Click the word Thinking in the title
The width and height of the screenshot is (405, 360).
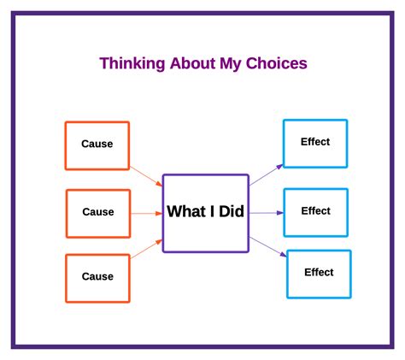coord(128,63)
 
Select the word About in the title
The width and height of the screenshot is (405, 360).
coord(193,63)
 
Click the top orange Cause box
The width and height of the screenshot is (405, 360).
coord(97,145)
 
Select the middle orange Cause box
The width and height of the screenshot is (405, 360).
coord(97,213)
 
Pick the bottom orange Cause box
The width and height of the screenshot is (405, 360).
coord(97,278)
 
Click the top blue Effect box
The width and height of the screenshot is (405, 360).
coord(315,143)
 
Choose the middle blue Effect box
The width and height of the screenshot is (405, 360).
coord(315,212)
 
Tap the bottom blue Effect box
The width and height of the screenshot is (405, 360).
coord(319,274)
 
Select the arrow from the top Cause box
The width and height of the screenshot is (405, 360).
coord(146,177)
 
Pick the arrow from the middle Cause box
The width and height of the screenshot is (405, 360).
coord(146,213)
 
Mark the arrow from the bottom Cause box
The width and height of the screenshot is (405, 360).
coord(146,249)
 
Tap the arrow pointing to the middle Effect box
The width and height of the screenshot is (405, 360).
coord(266,213)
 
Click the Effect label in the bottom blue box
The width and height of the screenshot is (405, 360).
coord(319,273)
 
